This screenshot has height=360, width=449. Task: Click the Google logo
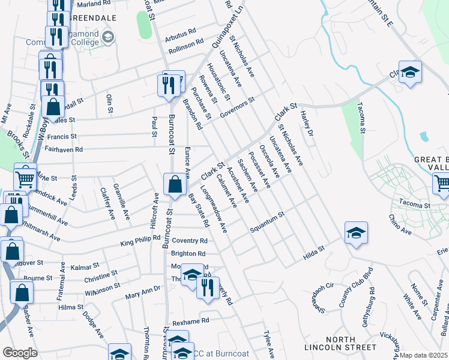point(20,353)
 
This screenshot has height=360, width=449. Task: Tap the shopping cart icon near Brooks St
point(25,176)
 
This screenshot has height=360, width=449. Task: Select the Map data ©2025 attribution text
point(424,355)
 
